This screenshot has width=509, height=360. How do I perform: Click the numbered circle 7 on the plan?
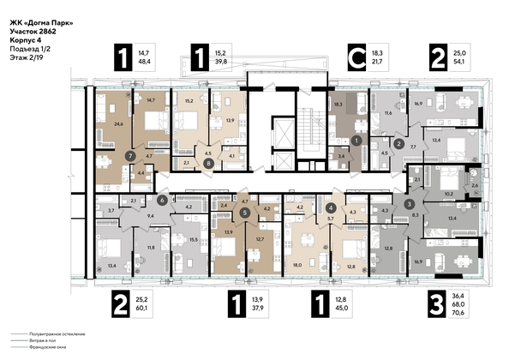129,156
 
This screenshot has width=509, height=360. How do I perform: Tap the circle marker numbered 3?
410,203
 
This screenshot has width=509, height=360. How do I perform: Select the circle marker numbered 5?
246,212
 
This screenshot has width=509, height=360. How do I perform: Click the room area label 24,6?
107,125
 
